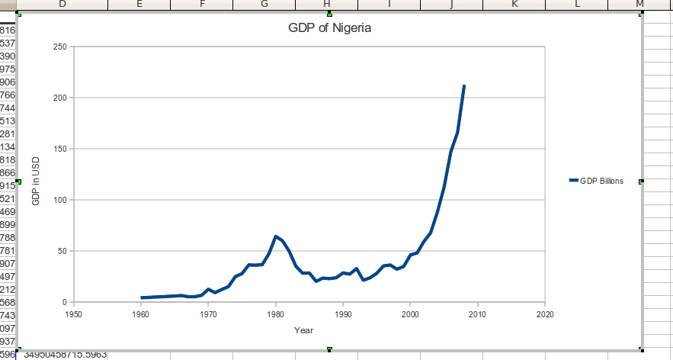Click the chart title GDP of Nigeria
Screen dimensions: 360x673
coord(329,30)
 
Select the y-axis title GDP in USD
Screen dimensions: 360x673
coord(36,180)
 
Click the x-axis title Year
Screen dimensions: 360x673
coord(303,330)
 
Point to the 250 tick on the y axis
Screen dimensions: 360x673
coord(60,47)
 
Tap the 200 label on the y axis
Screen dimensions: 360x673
coord(60,98)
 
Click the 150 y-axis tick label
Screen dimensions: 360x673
coord(60,149)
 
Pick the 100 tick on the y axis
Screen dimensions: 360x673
coord(60,200)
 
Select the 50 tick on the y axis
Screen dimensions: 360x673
coord(62,251)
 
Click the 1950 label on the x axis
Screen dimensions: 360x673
coord(74,313)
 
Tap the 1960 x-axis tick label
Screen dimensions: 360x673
coord(141,313)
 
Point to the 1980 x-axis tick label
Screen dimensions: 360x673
coord(276,313)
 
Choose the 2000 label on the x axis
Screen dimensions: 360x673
coord(410,313)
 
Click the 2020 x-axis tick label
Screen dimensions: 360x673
coord(545,313)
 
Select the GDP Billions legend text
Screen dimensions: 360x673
coord(601,181)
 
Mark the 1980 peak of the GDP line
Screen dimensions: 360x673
coord(276,236)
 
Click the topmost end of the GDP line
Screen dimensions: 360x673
coord(464,86)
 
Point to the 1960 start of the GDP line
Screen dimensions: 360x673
coord(142,297)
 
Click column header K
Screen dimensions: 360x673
coord(514,5)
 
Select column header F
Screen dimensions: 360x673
coord(202,5)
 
